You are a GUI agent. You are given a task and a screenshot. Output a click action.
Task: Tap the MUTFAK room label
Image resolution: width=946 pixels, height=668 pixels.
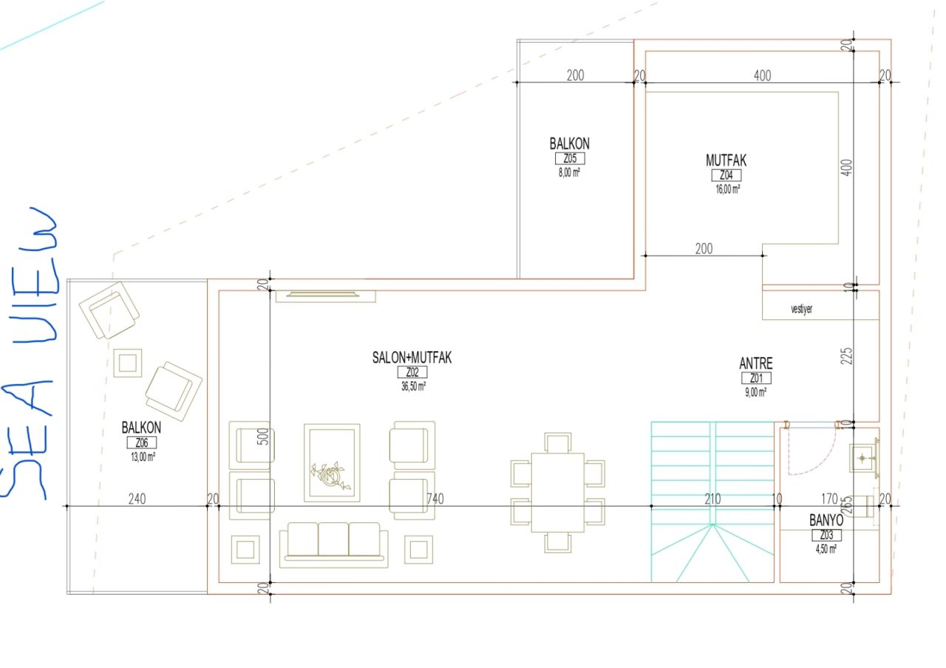(726, 160)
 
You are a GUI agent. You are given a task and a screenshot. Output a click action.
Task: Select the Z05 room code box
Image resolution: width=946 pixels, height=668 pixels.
(570, 158)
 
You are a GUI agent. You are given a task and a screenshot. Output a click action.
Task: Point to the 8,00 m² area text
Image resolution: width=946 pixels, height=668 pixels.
(569, 172)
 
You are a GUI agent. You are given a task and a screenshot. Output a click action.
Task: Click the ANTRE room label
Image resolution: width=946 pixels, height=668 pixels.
(756, 364)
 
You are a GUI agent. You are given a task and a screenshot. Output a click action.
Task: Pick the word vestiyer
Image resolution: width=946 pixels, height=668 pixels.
(802, 309)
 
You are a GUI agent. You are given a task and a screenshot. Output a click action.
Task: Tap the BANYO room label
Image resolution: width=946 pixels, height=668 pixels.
(826, 520)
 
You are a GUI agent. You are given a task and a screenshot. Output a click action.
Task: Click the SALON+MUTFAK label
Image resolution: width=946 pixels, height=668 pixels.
(412, 358)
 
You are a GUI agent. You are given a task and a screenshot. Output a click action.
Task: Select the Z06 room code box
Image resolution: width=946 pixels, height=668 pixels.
(142, 443)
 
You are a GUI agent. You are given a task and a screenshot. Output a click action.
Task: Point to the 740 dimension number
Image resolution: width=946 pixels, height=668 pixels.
(435, 499)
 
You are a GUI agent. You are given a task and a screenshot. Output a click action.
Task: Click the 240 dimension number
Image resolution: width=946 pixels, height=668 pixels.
(137, 499)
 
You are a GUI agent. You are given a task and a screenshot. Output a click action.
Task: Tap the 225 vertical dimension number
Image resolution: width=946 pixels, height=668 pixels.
(847, 356)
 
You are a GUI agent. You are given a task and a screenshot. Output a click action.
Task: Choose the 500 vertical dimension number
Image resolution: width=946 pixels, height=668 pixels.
(262, 436)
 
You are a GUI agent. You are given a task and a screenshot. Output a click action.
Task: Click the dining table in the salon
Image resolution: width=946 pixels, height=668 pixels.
(557, 492)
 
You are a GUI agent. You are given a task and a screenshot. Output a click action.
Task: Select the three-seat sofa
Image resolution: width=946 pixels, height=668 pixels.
(333, 545)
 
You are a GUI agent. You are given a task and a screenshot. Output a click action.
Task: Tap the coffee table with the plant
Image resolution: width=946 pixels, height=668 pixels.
(332, 463)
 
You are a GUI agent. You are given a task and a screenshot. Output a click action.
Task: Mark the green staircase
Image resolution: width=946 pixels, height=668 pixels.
(712, 502)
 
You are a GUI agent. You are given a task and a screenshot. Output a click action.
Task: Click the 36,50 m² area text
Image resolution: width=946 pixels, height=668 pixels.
(413, 386)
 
